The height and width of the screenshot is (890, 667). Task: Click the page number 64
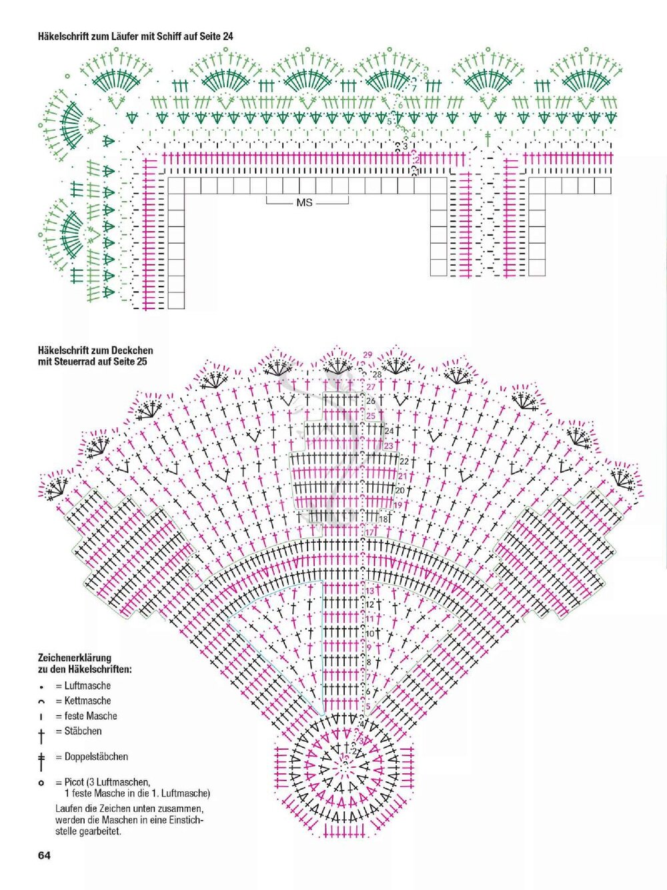[45, 856]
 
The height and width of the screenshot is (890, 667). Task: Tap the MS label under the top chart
[304, 202]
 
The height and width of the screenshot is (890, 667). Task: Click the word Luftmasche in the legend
[87, 686]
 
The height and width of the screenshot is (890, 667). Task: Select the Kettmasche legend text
[87, 701]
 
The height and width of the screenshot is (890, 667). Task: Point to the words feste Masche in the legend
[91, 716]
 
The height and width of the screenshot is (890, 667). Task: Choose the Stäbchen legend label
[83, 731]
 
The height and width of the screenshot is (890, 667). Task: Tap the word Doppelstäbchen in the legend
[96, 756]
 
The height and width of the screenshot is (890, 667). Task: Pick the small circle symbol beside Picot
[41, 782]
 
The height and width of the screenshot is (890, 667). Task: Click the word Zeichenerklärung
[75, 658]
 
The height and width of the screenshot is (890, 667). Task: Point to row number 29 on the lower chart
[368, 355]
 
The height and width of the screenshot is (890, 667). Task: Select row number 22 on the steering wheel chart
[404, 461]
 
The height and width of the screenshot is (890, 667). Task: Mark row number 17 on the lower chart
[370, 532]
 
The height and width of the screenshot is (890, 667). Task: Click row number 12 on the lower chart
[370, 605]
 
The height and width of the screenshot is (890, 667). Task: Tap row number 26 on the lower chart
[371, 401]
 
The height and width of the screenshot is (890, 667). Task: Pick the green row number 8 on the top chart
[426, 76]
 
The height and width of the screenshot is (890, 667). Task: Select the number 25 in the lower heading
[141, 362]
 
